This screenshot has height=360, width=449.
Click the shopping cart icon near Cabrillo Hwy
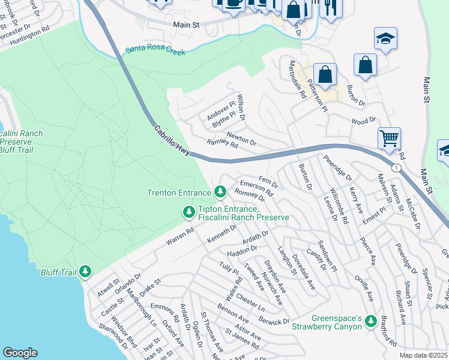point(389,138)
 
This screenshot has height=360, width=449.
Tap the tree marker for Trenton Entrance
point(221,192)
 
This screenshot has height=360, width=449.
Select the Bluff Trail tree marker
point(85,272)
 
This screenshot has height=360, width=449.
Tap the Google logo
point(20,352)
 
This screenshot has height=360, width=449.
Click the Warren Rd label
point(181,236)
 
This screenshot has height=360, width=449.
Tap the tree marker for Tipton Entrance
point(188,212)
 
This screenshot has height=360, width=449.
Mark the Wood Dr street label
point(363,121)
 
